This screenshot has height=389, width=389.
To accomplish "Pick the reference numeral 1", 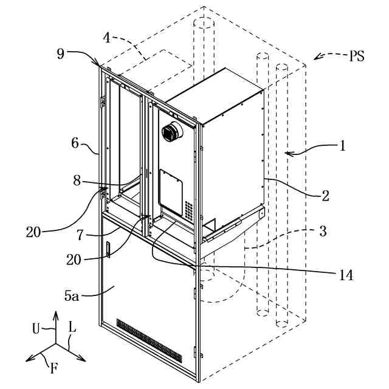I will [x=342, y=145].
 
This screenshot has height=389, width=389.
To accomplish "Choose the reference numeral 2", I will [x=325, y=196].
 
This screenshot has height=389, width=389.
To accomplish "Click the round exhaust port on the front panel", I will [x=172, y=131].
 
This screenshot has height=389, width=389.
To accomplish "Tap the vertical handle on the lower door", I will [x=108, y=250].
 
